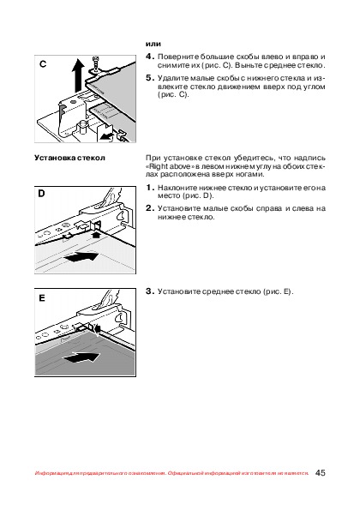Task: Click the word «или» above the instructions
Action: click(153, 44)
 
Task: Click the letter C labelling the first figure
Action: click(43, 64)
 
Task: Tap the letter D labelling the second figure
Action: click(41, 194)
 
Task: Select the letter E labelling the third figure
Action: click(42, 298)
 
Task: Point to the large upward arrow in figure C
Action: click(78, 75)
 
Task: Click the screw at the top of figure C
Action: click(96, 63)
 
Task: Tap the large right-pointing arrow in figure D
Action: click(81, 256)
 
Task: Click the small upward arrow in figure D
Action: click(96, 234)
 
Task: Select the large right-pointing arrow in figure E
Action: click(81, 357)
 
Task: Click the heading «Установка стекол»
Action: click(70, 158)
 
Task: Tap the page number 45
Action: click(320, 472)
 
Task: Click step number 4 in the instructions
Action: click(149, 57)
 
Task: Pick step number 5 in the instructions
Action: click(149, 78)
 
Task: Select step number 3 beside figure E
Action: click(149, 291)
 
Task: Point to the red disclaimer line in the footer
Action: click(171, 473)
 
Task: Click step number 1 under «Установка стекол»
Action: click(149, 188)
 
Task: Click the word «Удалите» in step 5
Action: click(170, 78)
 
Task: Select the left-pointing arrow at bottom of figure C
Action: click(106, 136)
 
